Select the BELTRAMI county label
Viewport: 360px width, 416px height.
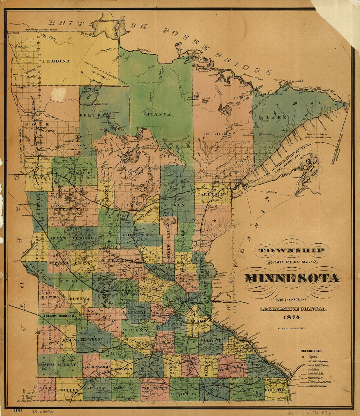pyautogui.click(x=98, y=115)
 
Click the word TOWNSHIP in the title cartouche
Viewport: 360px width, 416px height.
pyautogui.click(x=292, y=251)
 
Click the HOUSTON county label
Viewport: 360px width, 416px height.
pyautogui.click(x=276, y=390)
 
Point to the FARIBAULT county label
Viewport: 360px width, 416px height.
pyautogui.click(x=154, y=388)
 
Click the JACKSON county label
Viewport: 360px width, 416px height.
pyautogui.click(x=95, y=388)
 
